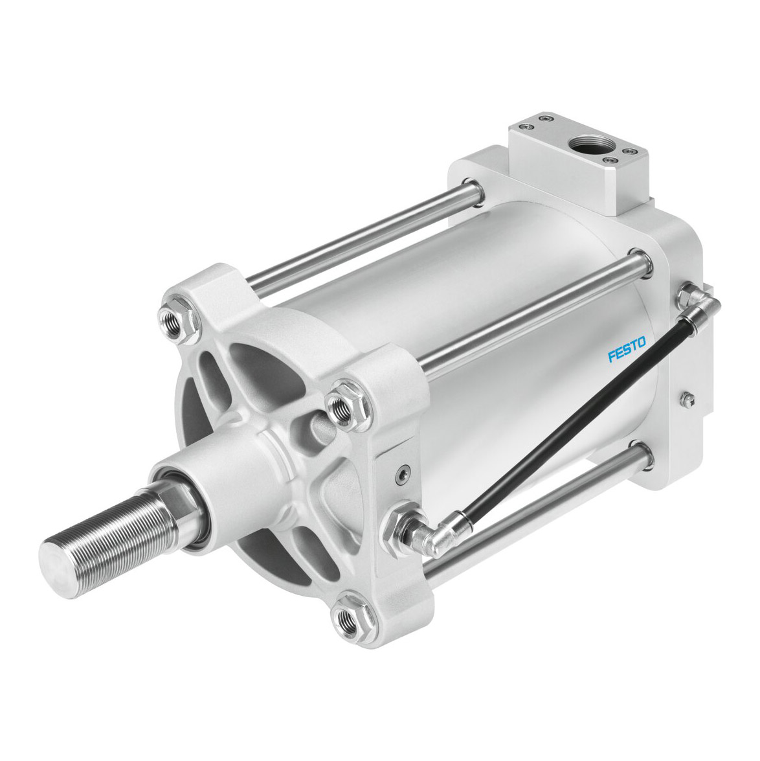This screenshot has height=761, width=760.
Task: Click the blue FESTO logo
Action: pyautogui.click(x=627, y=350)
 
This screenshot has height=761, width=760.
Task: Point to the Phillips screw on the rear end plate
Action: pyautogui.click(x=687, y=400)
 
